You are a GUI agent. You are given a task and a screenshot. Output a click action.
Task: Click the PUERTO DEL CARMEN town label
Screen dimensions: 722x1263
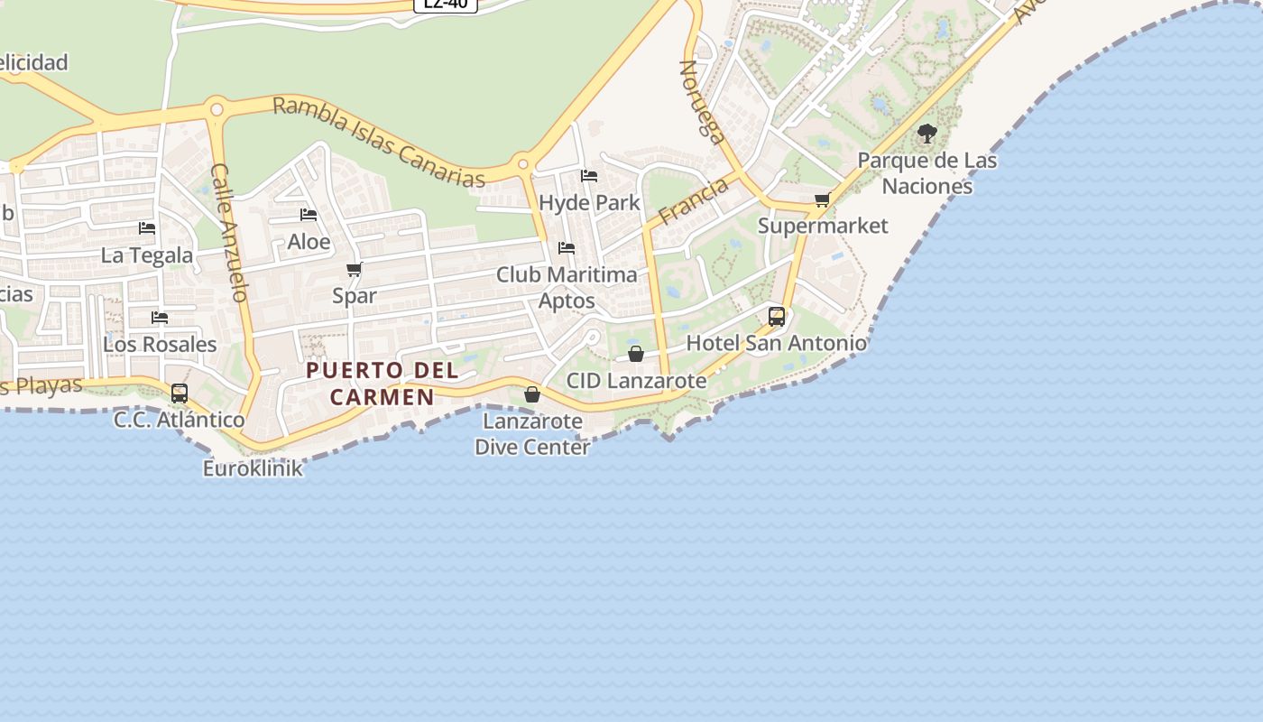[x=382, y=384]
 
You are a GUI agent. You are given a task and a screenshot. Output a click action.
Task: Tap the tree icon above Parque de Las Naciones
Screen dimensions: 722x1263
[x=927, y=134]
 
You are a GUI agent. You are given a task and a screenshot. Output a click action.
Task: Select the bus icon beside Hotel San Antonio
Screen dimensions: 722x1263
[x=777, y=317]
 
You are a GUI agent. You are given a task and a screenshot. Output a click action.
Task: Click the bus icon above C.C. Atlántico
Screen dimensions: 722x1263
[x=180, y=393]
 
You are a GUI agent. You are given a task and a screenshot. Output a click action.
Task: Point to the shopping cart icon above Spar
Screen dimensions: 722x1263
[x=355, y=269]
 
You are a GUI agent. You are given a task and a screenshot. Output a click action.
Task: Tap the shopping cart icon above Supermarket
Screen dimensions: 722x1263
[x=822, y=199]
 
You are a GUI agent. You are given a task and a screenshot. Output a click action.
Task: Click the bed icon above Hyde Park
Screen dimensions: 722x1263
[x=589, y=175]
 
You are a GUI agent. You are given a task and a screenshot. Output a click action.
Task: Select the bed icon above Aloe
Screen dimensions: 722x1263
[x=309, y=215]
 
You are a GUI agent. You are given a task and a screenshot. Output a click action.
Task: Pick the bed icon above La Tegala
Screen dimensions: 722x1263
[x=147, y=228]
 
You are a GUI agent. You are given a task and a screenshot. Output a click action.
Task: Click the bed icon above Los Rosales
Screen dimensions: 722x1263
[x=160, y=317]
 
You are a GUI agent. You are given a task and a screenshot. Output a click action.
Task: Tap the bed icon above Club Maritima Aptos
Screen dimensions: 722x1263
[x=567, y=247]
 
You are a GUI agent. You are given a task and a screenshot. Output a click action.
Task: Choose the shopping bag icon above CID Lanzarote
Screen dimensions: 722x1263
[x=636, y=353]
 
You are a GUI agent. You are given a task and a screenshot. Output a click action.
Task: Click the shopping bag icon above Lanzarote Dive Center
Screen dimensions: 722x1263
[x=532, y=394]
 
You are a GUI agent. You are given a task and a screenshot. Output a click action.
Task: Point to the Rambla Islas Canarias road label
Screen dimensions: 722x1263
[x=378, y=143]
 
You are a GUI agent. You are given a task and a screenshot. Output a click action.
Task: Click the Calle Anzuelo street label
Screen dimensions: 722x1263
[x=229, y=232]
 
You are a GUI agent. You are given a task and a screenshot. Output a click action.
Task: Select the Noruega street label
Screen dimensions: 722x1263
[x=702, y=102]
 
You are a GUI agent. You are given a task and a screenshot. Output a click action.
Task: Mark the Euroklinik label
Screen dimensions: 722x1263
[x=253, y=468]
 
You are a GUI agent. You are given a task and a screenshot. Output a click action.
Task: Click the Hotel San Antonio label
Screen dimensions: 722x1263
[x=776, y=343]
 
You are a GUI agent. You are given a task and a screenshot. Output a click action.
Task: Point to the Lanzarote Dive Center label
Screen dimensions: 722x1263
[x=532, y=434]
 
